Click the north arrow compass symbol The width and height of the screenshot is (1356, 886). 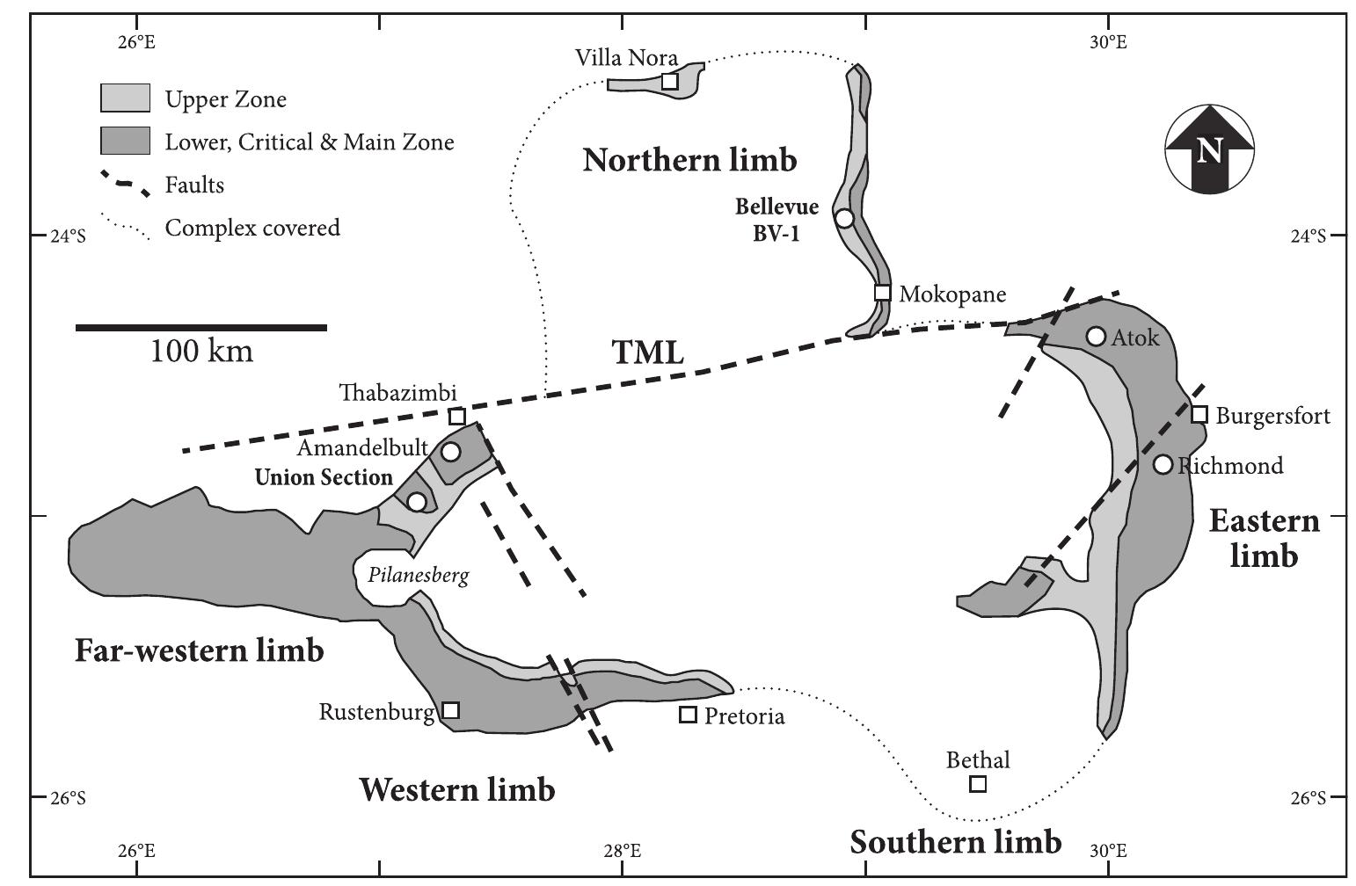pos(1209,149)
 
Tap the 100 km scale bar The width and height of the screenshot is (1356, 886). pos(201,328)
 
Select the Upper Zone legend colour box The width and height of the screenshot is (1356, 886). pos(125,98)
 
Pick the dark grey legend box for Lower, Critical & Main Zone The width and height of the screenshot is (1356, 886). pos(125,142)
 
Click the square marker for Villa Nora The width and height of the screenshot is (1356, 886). pos(669,81)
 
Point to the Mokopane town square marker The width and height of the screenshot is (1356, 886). pos(882,293)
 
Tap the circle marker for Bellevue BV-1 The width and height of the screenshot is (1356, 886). pos(844,218)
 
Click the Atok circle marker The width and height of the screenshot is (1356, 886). pos(1096,336)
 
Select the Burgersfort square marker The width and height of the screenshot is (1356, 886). pos(1199,414)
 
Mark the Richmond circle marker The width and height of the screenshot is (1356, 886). pos(1163,464)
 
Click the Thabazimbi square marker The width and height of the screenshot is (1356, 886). pos(457,417)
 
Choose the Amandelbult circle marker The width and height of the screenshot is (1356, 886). pos(450,452)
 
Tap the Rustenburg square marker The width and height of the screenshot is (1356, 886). pos(450,709)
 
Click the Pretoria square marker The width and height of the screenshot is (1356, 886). pos(688,715)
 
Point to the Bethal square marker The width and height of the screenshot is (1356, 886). pos(977,783)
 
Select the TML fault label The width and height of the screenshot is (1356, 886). pos(647,352)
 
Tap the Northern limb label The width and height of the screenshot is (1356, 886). pos(689,160)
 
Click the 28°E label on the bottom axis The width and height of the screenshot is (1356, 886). pos(622,851)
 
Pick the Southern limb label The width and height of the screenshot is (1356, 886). pos(955,842)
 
